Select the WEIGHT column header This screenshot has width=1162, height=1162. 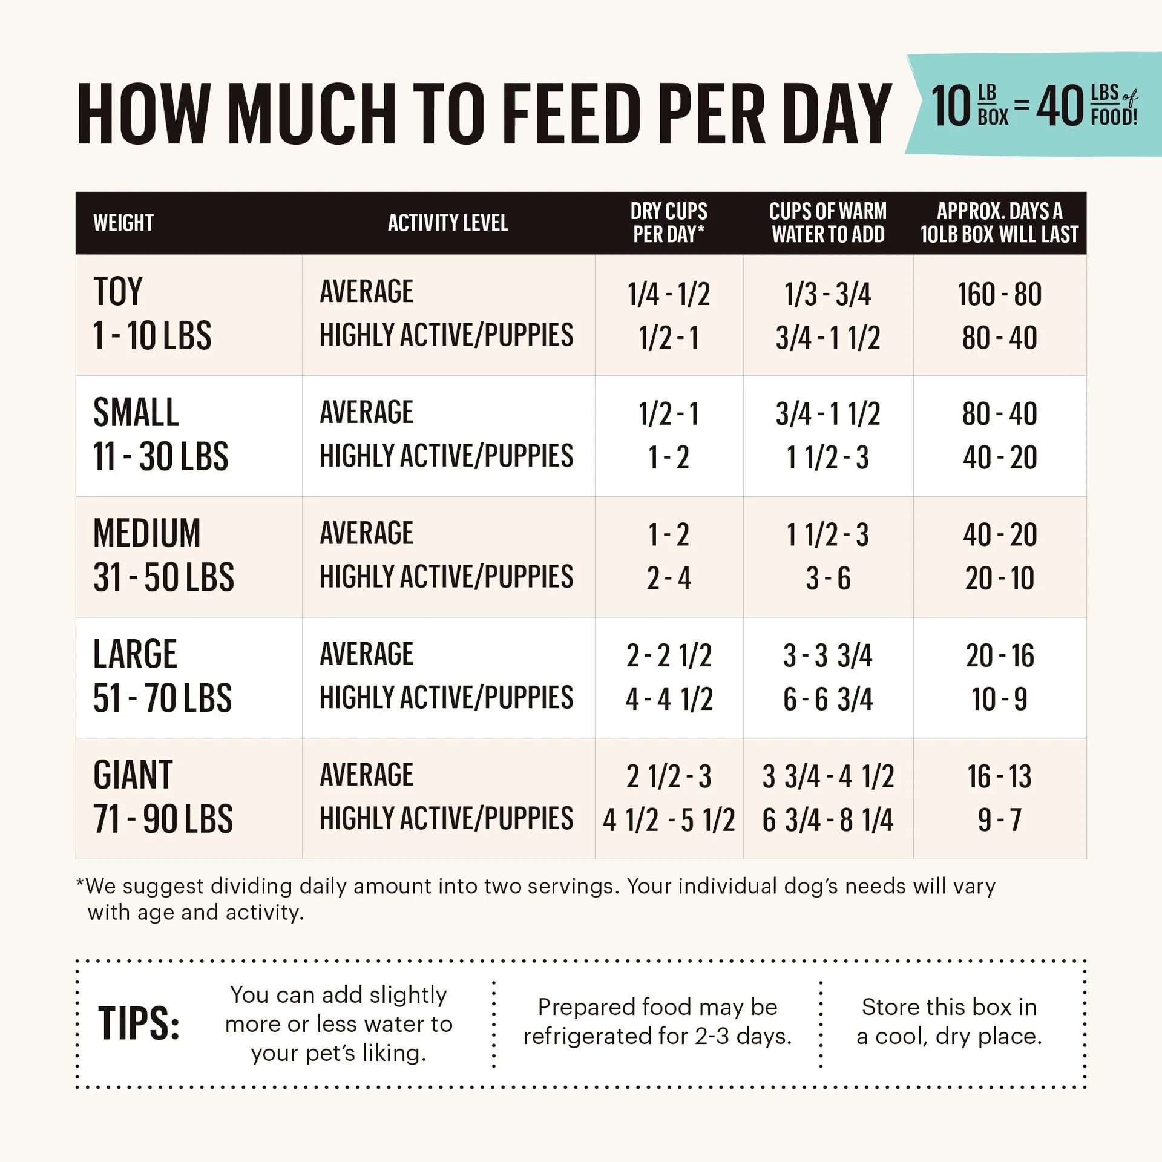click(123, 223)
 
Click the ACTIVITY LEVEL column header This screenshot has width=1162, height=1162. click(448, 223)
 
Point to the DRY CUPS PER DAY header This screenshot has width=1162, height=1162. click(669, 223)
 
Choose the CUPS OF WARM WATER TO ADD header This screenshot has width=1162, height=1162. click(827, 223)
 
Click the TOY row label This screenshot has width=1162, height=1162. click(118, 292)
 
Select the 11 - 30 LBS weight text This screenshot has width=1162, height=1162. click(160, 456)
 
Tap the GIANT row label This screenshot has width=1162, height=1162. click(133, 775)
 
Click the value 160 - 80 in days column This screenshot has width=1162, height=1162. click(999, 295)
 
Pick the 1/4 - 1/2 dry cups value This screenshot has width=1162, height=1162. click(669, 295)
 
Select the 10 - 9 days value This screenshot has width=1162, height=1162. click(999, 699)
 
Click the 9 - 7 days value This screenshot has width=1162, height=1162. click(999, 820)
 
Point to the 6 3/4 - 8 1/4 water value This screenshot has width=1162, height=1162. click(827, 820)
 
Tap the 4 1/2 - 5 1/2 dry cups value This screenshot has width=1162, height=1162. click(669, 820)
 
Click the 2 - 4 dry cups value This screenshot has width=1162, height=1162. click(669, 578)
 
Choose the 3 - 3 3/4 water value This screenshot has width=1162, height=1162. click(827, 655)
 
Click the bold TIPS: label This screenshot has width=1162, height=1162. click(139, 1024)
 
